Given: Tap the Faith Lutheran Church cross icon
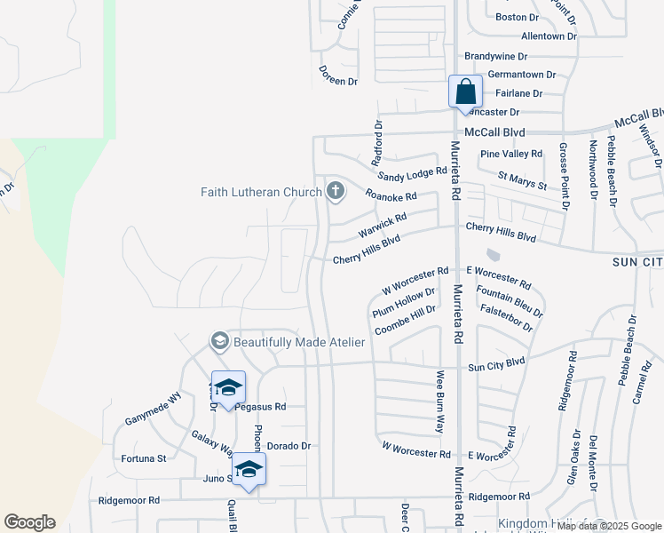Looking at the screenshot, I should coord(336,190).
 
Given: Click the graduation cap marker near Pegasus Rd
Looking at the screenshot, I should coord(228,387).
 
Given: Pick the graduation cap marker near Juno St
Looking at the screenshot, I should coord(249,469).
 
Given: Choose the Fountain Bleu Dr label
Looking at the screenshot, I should coord(510,301).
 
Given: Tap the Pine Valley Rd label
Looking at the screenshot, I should coord(511,155).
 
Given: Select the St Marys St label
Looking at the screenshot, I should coord(522,180).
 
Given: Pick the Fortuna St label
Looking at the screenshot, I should coord(144,458).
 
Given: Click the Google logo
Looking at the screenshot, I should coord(29,522).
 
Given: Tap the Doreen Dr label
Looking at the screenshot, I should coord(338,81).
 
